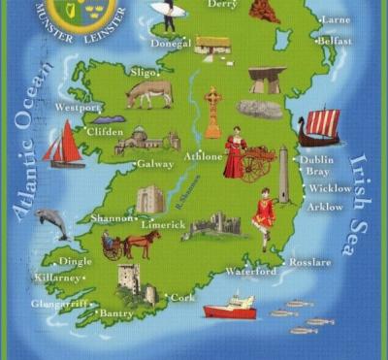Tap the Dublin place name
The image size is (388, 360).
317,159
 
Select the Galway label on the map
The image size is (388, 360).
155,164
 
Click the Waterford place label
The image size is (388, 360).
250,272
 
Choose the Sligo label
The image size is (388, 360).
143,72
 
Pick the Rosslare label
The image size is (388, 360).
312,262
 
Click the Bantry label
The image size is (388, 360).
116,313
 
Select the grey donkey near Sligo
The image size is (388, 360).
149,93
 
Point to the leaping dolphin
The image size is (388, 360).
52,222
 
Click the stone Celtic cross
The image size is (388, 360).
212,112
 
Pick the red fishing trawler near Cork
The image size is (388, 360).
230,308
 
